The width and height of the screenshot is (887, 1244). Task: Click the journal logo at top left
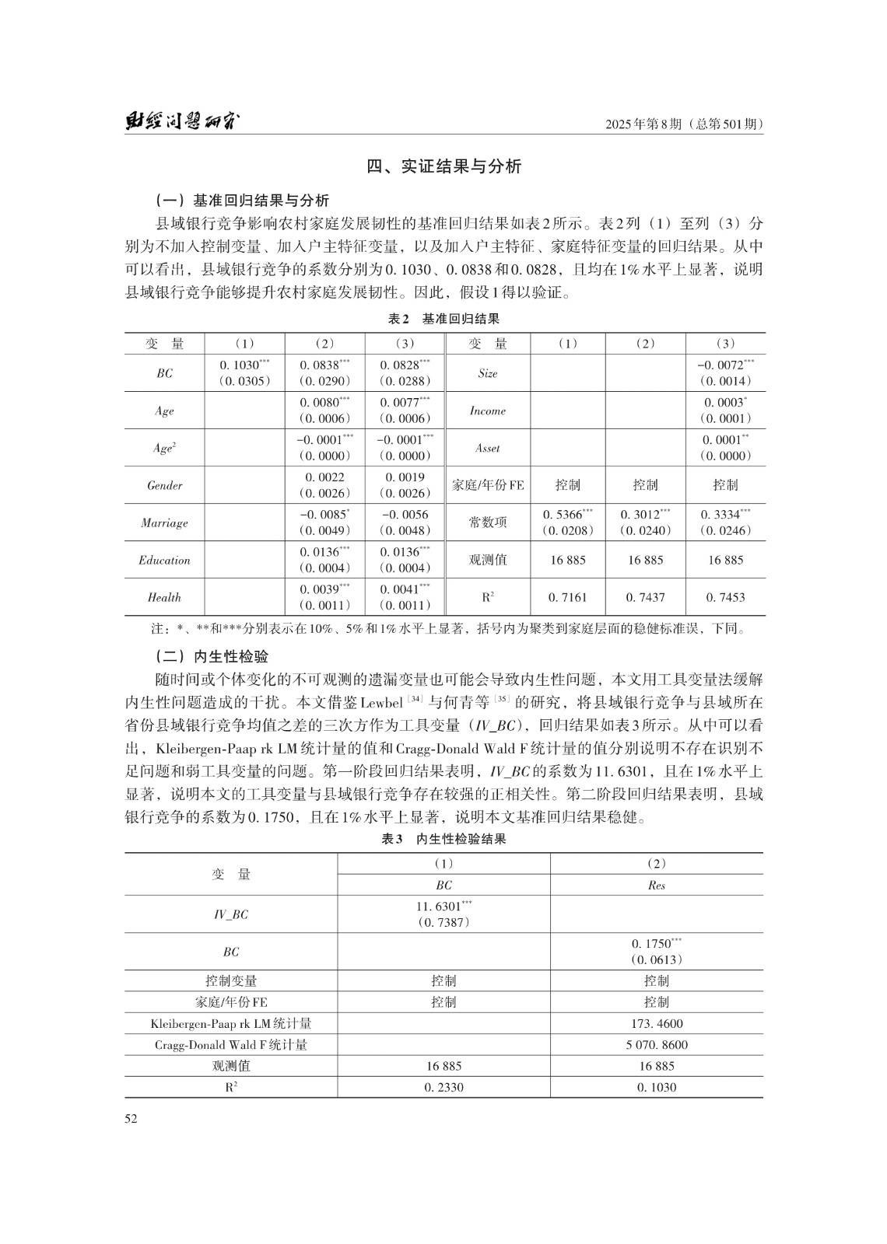[x=183, y=123]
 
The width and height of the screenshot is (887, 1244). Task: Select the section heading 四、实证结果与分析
[x=443, y=166]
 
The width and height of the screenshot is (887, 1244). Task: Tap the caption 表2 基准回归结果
[x=443, y=319]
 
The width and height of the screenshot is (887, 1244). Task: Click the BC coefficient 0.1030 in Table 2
[x=239, y=365]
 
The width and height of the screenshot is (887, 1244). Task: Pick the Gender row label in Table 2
[x=164, y=485]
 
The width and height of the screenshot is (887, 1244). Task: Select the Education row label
[x=164, y=560]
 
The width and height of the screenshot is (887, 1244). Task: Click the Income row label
[x=487, y=411]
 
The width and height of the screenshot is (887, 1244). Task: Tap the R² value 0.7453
[x=725, y=597]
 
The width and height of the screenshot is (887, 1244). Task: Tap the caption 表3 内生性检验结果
[x=443, y=840]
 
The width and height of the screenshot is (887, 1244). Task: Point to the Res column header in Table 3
[x=656, y=885]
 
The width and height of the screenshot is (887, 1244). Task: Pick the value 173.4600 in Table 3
[x=656, y=1024]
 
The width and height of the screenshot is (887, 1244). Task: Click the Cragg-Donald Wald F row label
[x=231, y=1045]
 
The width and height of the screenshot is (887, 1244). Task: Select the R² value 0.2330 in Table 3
[x=443, y=1087]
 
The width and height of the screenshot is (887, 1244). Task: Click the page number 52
[x=131, y=1119]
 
